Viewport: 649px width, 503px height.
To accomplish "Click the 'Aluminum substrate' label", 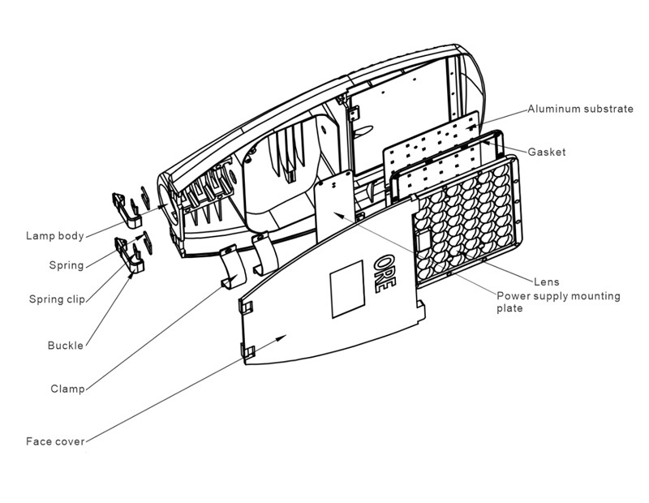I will (x=580, y=109).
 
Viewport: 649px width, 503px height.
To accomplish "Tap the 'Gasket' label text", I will (x=546, y=152).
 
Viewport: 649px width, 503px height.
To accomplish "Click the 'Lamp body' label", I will (x=54, y=236).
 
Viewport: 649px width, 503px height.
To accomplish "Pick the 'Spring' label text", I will (x=66, y=265).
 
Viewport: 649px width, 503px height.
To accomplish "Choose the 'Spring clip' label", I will (x=56, y=299).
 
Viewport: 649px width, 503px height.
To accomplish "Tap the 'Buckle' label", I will (x=65, y=346).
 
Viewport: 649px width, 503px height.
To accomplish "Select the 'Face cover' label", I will (x=55, y=442).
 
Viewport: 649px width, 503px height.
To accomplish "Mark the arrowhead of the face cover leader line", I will (x=284, y=335).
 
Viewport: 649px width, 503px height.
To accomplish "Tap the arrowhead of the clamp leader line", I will (x=236, y=277).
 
